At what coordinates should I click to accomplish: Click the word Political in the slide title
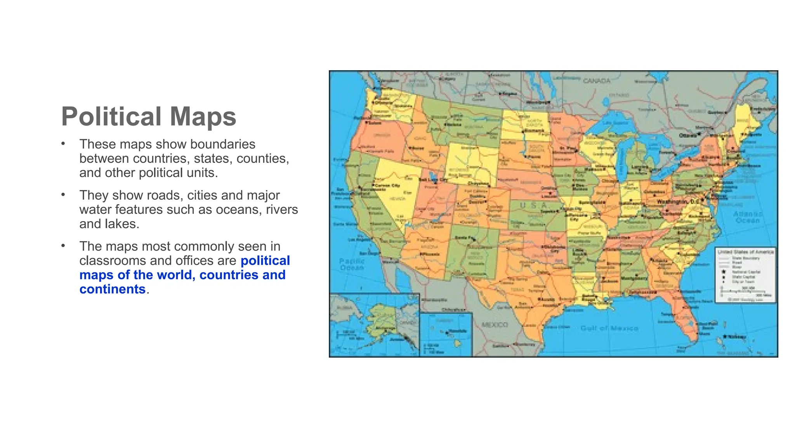pyautogui.click(x=111, y=116)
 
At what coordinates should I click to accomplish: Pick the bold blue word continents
pyautogui.click(x=112, y=289)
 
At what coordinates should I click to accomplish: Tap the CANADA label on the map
pyautogui.click(x=597, y=81)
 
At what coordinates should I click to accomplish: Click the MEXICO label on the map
pyautogui.click(x=495, y=324)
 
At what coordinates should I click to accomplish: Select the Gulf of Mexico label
pyautogui.click(x=609, y=328)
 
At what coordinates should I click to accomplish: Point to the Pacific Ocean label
pyautogui.click(x=352, y=264)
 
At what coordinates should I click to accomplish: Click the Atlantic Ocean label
pyautogui.click(x=748, y=217)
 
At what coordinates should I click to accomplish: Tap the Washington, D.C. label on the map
pyautogui.click(x=678, y=202)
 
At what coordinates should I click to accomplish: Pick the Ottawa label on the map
pyautogui.click(x=687, y=135)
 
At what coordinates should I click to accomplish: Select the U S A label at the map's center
pyautogui.click(x=534, y=205)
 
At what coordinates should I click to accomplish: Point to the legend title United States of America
pyautogui.click(x=745, y=252)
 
